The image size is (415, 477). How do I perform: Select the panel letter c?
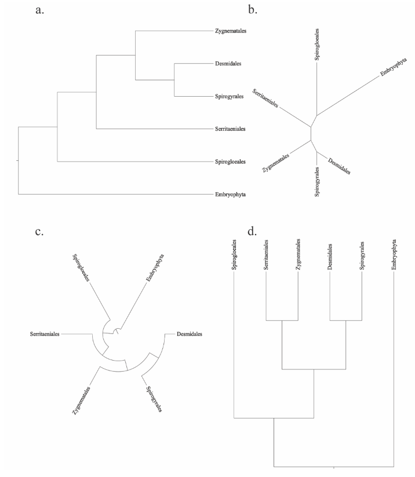(40, 232)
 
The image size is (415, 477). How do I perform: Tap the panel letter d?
(252, 232)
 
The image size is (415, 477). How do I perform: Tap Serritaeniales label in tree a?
(231, 129)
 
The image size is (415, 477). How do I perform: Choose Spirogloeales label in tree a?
(231, 161)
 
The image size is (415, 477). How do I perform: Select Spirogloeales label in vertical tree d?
(234, 253)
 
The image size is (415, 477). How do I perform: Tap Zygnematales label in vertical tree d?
(298, 253)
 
